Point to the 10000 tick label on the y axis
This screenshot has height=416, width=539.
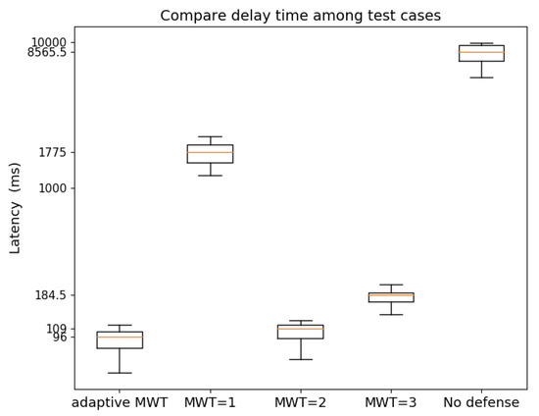pos(48,42)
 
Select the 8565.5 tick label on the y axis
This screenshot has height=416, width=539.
pos(47,52)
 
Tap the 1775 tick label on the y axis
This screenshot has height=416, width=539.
pos(53,152)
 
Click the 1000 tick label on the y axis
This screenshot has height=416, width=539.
pos(53,188)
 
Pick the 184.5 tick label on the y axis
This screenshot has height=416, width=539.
pos(51,295)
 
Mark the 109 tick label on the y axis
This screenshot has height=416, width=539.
pos(57,329)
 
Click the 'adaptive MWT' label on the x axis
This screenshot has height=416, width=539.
pos(120,402)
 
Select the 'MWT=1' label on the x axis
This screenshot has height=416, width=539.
pos(210,402)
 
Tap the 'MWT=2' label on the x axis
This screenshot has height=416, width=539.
pos(300,402)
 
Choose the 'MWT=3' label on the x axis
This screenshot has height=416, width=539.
pos(391,402)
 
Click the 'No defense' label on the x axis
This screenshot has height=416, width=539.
pos(481,402)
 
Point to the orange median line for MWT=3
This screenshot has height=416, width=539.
pos(391,294)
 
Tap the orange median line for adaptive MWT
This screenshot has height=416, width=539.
pos(120,337)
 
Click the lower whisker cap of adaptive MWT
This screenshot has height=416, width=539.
pos(120,373)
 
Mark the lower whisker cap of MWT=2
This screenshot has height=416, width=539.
pos(300,359)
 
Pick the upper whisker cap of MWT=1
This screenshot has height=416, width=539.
pos(210,136)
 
